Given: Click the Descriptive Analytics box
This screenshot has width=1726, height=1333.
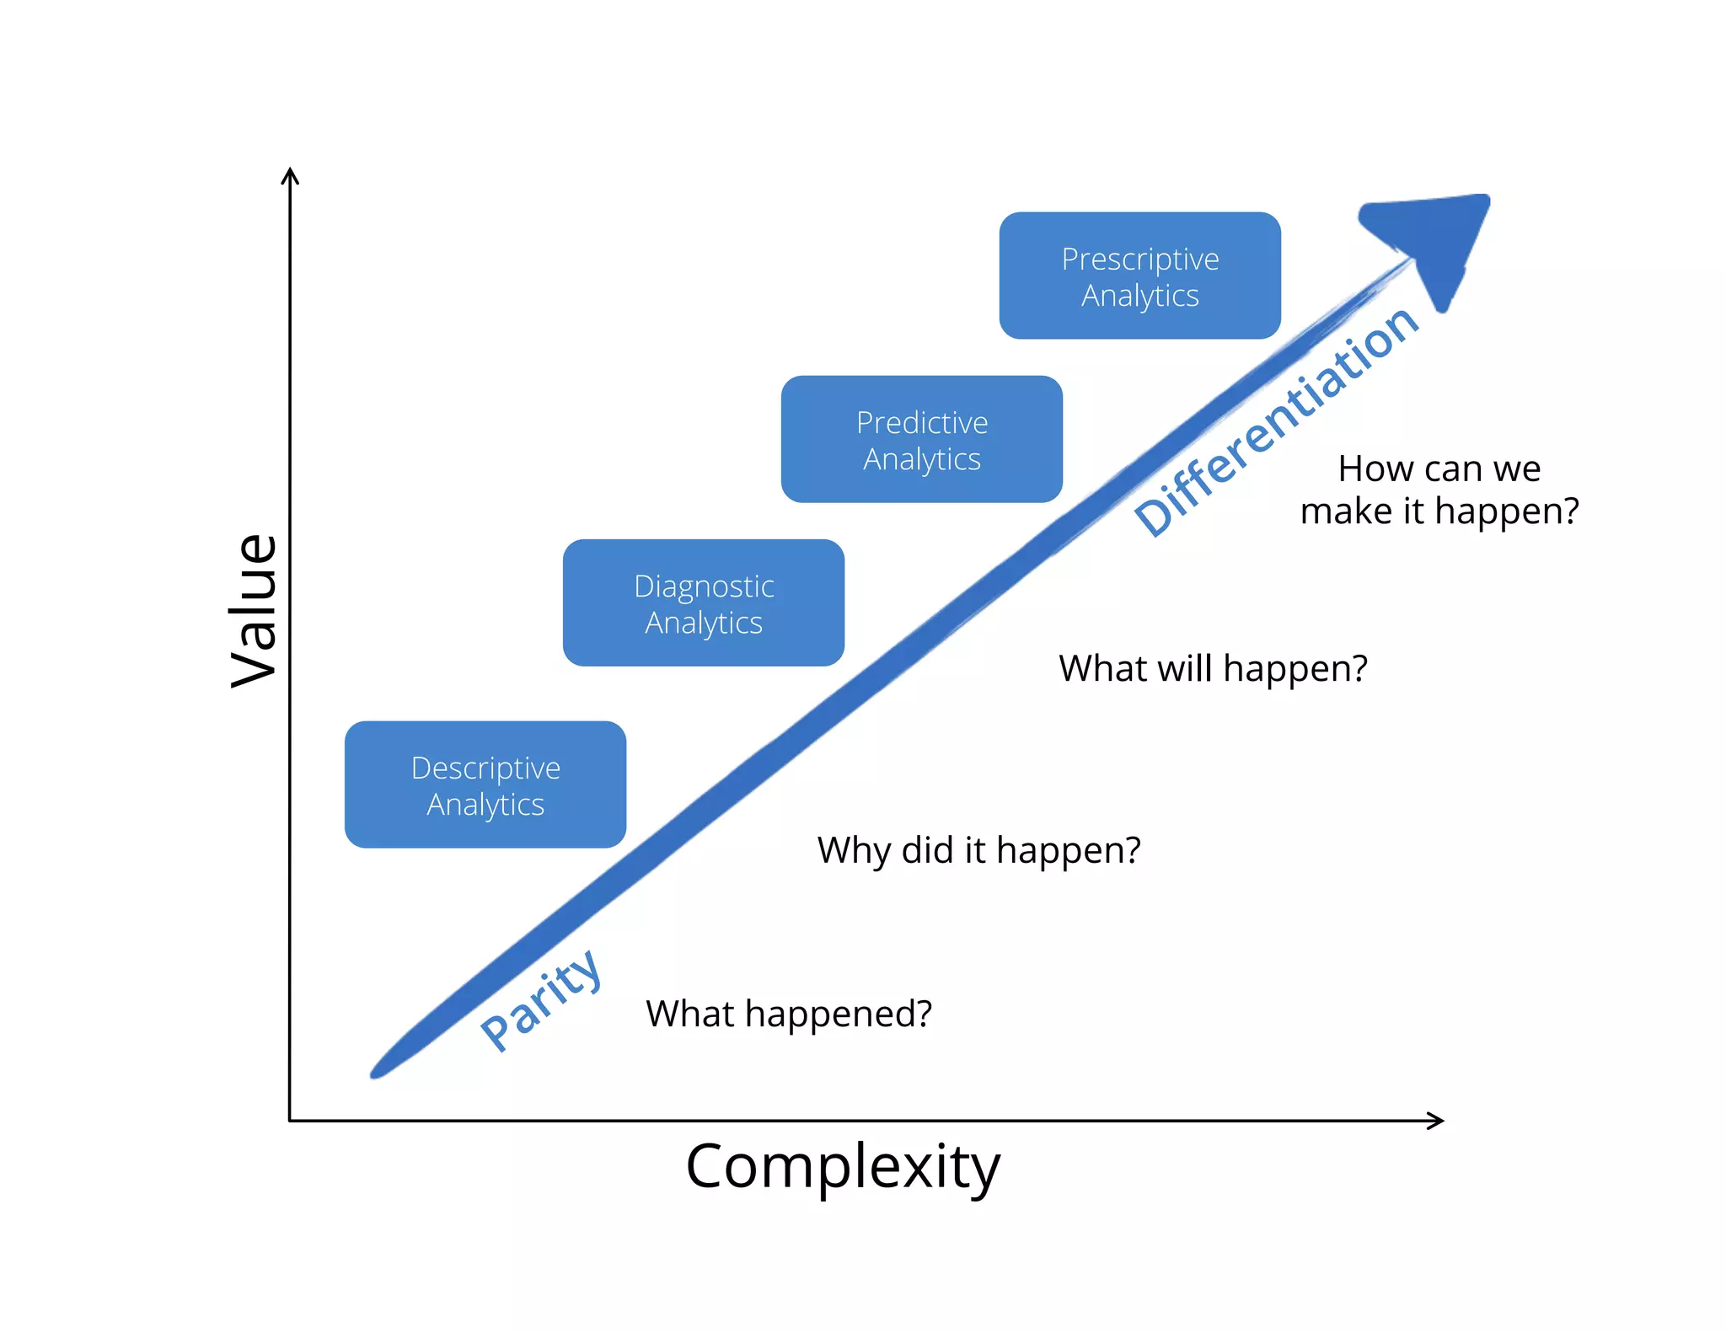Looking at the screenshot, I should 485,784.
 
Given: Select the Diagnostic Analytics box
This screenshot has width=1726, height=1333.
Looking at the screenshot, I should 704,602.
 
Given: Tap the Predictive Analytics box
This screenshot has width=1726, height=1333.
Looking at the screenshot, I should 921,439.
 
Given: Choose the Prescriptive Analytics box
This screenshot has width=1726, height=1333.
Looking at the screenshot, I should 1139,276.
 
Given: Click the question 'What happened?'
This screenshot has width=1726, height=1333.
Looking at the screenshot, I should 789,1014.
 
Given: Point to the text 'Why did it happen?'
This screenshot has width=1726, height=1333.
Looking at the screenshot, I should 978,850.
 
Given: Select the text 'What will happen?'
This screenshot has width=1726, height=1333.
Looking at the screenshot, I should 1213,668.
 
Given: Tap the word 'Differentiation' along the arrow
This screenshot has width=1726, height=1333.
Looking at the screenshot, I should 1277,421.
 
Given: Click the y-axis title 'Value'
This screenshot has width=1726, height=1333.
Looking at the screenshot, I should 254,610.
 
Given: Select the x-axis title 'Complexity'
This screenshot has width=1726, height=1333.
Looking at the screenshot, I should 843,1167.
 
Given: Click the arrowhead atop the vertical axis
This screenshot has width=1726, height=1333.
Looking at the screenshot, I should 290,175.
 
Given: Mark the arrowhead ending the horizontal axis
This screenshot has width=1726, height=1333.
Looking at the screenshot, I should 1436,1121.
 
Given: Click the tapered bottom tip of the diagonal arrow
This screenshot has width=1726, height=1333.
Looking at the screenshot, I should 378,1071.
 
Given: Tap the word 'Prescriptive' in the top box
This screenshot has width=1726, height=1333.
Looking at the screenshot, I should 1139,259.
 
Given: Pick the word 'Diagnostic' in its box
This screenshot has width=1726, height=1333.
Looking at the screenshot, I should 704,586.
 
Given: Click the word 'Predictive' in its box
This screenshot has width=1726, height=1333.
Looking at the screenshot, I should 921,422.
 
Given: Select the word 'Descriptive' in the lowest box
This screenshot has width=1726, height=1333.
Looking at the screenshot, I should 485,768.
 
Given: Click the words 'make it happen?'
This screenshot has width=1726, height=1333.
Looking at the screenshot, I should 1439,511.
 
